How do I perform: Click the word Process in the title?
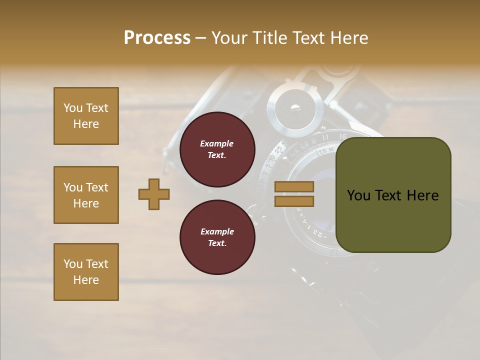[x=157, y=38]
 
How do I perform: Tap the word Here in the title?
[x=347, y=38]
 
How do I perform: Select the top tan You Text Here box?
[x=86, y=116]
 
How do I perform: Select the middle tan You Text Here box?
[x=86, y=195]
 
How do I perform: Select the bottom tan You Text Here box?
[x=86, y=272]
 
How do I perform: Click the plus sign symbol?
[x=154, y=194]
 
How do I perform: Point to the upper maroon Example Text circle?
[x=217, y=149]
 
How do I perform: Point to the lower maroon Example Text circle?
[x=217, y=237]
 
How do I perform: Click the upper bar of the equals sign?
[x=294, y=186]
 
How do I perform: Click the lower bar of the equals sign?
[x=294, y=201]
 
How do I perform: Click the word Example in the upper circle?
[x=217, y=143]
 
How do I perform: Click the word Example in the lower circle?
[x=217, y=231]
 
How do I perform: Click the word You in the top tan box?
[x=73, y=108]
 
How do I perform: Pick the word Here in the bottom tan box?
[x=86, y=280]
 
